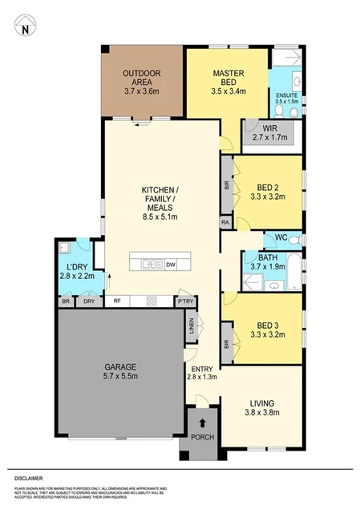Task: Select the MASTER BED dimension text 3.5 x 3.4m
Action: [229, 91]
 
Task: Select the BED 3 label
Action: [267, 326]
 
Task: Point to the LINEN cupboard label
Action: [191, 325]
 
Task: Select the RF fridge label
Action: [117, 301]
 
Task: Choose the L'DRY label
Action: [75, 266]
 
